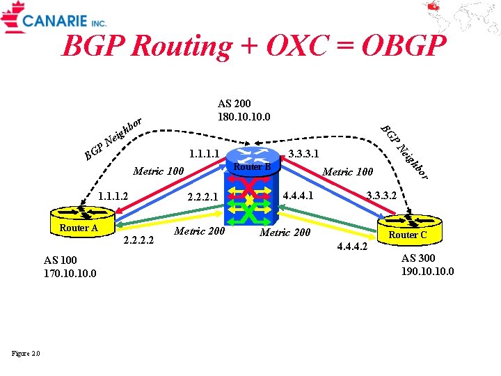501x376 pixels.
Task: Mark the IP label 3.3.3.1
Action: [303, 152]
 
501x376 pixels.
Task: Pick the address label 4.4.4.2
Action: [351, 246]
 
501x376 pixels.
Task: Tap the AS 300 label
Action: [420, 258]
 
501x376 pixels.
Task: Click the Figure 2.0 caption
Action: [26, 354]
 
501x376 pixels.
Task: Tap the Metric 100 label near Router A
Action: [158, 171]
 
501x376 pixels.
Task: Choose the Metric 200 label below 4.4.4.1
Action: [285, 232]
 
